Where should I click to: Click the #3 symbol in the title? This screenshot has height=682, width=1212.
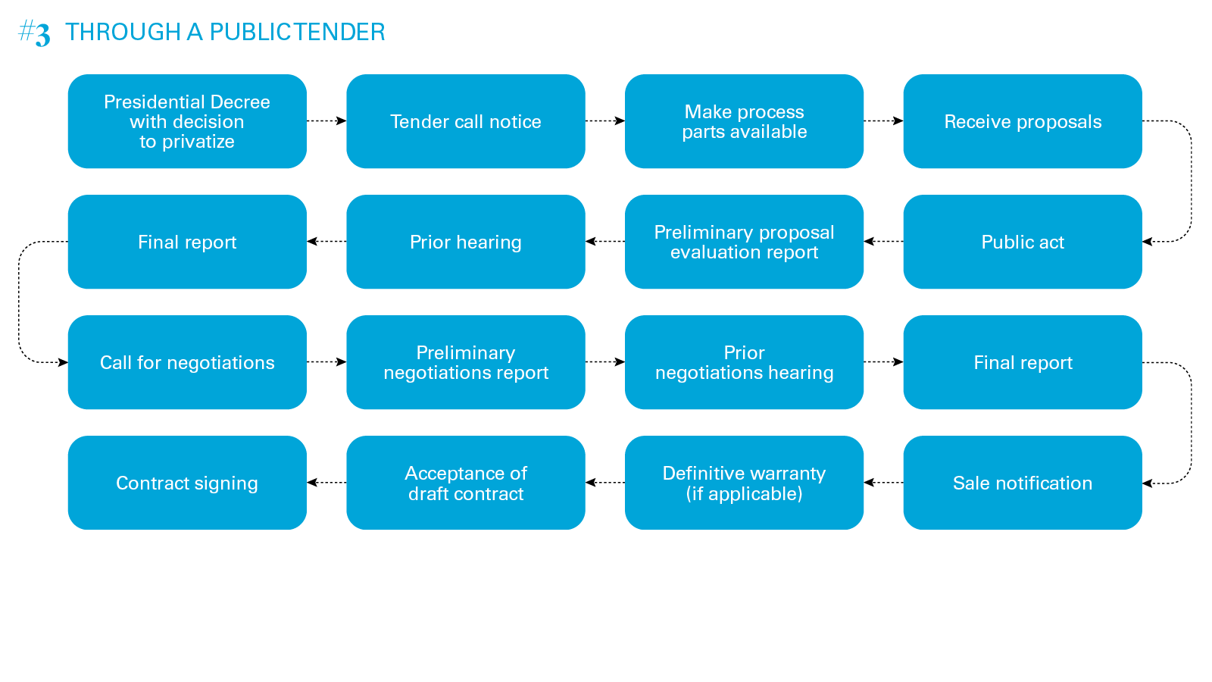click(x=34, y=33)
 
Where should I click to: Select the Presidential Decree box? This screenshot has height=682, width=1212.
click(x=187, y=121)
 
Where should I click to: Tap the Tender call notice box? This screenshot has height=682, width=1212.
click(x=465, y=121)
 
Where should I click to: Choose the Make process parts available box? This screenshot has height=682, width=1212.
click(x=744, y=121)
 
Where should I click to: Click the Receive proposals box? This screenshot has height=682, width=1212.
click(x=1022, y=121)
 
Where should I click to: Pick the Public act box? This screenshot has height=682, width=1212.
click(x=1022, y=242)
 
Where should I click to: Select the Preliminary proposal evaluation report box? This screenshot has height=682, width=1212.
click(x=744, y=242)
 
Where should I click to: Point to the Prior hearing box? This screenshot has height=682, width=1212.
click(x=465, y=242)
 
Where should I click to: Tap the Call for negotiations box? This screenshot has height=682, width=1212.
click(x=187, y=362)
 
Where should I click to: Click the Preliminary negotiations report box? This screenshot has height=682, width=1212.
click(x=465, y=362)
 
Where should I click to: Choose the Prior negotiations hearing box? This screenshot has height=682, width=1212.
click(x=744, y=362)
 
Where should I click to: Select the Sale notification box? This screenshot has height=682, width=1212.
click(x=1022, y=483)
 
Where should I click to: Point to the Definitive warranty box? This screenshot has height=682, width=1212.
click(x=744, y=483)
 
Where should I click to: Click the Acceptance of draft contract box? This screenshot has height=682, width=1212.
click(x=465, y=483)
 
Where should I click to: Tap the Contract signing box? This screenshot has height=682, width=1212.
click(x=187, y=483)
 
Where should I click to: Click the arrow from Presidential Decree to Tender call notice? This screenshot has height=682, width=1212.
click(x=326, y=121)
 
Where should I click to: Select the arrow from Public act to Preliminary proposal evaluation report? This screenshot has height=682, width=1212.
click(x=883, y=242)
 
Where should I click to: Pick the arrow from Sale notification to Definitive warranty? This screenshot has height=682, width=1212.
click(x=883, y=483)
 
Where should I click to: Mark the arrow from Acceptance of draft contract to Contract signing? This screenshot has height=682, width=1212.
click(x=326, y=483)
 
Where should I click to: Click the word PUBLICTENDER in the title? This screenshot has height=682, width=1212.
click(x=297, y=32)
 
